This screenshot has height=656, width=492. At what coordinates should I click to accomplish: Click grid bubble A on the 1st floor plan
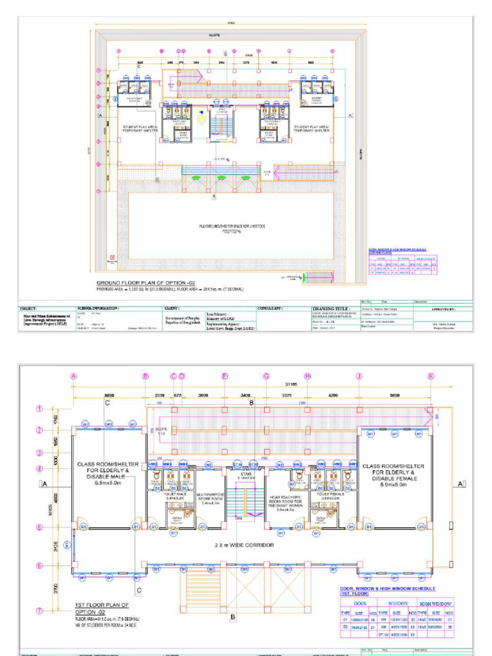(74, 376)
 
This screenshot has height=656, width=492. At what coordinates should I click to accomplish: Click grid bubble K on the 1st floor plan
(431, 376)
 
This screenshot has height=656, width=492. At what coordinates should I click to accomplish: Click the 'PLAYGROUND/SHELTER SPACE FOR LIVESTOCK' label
(228, 226)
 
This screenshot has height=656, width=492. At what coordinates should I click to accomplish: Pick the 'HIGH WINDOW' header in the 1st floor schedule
(437, 603)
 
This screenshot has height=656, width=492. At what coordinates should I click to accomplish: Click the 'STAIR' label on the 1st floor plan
(245, 473)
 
